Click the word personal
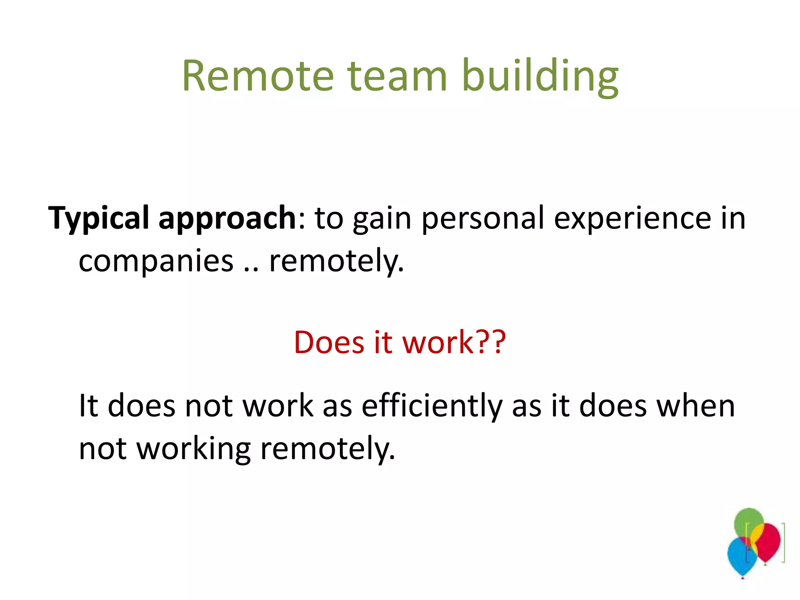(483, 218)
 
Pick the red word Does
(329, 342)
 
